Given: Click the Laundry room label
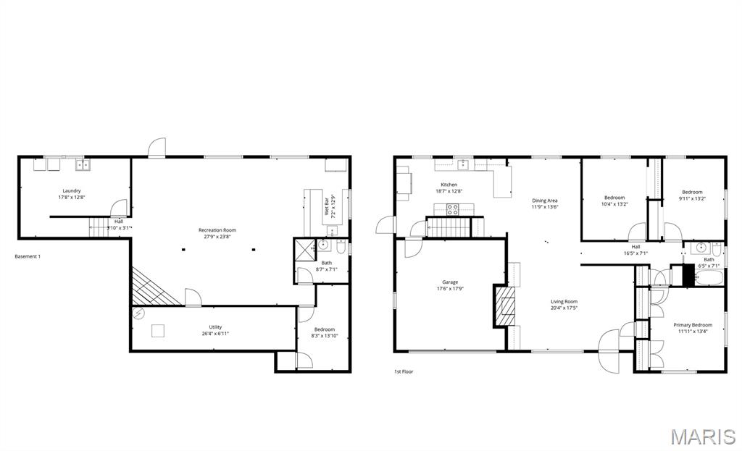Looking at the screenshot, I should (x=72, y=191).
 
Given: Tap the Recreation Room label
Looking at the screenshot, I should (x=217, y=230).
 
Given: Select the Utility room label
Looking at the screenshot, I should (x=215, y=327).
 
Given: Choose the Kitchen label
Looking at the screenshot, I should (x=449, y=185).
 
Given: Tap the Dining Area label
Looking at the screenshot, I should (x=545, y=201).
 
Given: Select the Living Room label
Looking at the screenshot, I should (x=564, y=302).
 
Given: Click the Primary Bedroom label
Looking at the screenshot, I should (x=692, y=325).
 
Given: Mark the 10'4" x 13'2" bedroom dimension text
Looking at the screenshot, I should (x=614, y=204).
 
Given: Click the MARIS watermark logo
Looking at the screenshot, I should (x=702, y=437).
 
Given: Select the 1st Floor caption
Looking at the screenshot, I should (x=404, y=371).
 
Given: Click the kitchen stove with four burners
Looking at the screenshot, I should (x=452, y=210).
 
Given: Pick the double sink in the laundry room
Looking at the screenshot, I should (x=83, y=164).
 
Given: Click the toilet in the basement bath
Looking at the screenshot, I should (x=341, y=244).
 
